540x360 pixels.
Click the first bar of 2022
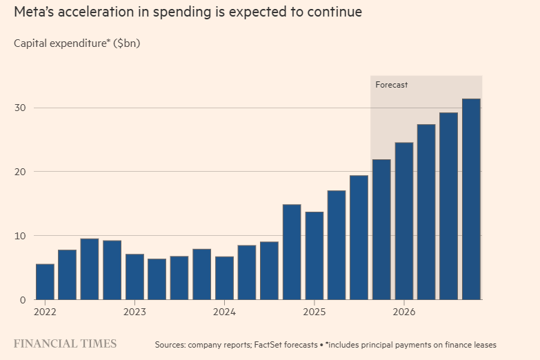[x=45, y=281]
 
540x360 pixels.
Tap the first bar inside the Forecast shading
[x=381, y=229]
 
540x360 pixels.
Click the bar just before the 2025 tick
[x=292, y=252]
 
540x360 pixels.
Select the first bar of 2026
[x=403, y=221]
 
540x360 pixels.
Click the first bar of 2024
[x=224, y=278]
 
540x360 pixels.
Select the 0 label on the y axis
[x=23, y=300]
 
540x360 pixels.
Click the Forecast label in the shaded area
[x=392, y=85]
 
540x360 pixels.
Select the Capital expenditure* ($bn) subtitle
[x=77, y=43]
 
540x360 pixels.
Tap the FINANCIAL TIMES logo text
[x=65, y=343]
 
